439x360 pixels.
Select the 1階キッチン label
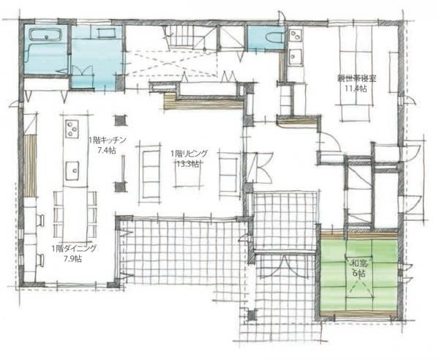pos(108,140)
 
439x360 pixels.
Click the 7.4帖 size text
pos(107,151)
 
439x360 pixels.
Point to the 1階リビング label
pos(190,154)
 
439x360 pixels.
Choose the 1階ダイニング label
pos(74,248)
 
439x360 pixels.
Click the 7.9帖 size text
pos(72,259)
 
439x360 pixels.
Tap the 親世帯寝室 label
pos(356,79)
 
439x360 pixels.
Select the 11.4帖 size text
pos(356,89)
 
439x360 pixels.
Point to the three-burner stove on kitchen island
pos(72,129)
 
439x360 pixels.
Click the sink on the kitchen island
pos(72,170)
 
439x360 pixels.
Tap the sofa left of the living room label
pos(151,174)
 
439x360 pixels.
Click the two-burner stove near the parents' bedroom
pos(296,36)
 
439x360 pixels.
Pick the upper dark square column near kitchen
pos(121,120)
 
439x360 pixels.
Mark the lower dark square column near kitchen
pos(121,187)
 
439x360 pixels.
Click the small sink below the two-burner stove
pos(296,57)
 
